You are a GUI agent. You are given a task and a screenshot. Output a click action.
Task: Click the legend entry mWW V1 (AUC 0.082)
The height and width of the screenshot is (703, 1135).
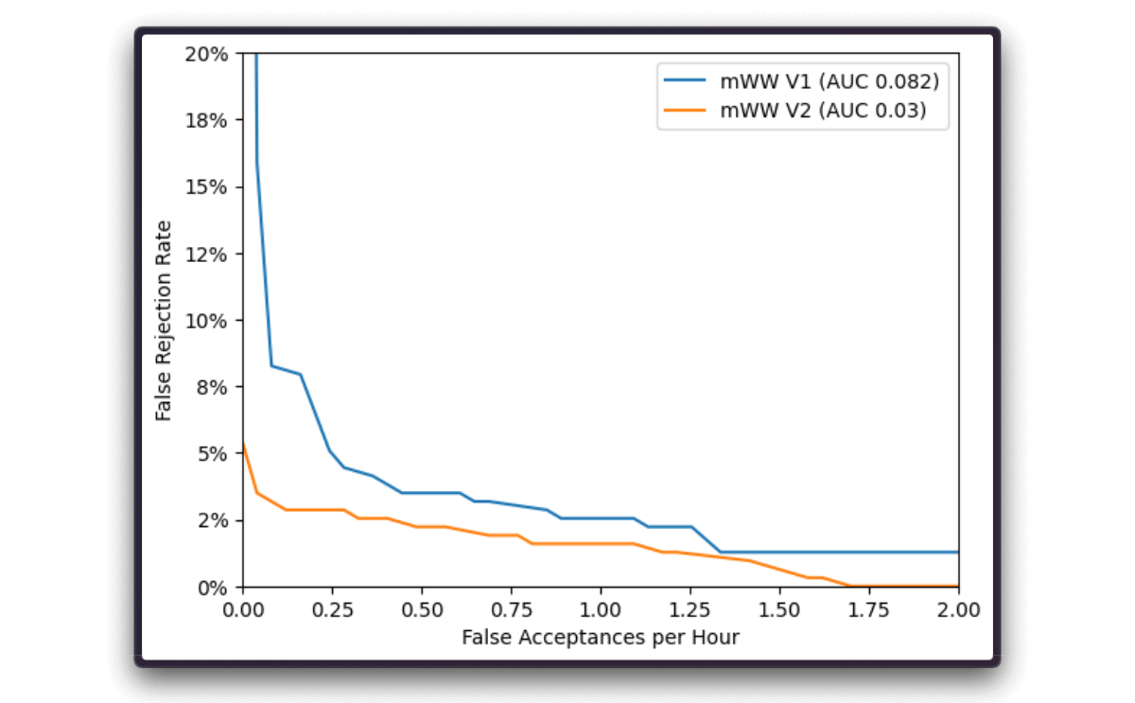click(x=829, y=80)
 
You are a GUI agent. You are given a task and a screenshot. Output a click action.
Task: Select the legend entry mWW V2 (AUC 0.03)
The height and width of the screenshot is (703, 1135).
click(x=823, y=111)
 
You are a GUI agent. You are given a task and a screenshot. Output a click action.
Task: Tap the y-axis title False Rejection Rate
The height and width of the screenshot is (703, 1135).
click(x=165, y=321)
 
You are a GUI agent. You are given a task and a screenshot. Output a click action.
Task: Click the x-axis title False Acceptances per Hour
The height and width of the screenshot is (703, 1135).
click(x=601, y=638)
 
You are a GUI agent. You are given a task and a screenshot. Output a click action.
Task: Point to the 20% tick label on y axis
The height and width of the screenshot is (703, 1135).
click(x=206, y=54)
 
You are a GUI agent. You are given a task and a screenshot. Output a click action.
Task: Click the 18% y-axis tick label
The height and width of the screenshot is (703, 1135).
click(x=206, y=120)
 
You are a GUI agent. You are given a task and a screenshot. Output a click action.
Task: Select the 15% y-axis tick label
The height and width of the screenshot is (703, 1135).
click(x=206, y=187)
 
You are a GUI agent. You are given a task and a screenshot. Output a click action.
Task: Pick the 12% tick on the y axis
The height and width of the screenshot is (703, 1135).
click(x=206, y=254)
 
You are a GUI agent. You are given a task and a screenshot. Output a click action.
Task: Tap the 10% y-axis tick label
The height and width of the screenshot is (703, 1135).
click(x=206, y=321)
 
